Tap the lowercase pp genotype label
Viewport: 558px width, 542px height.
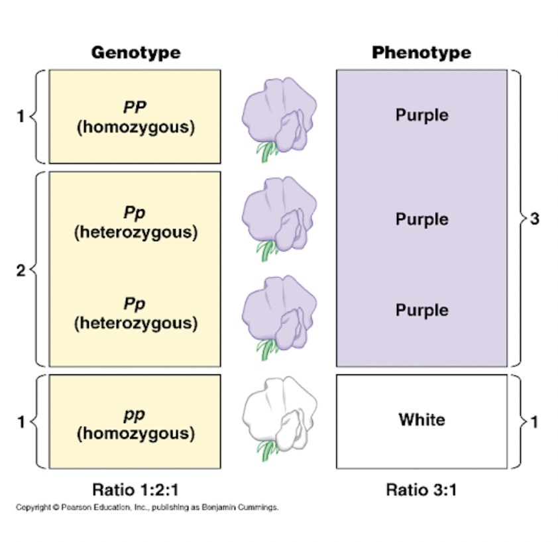[x=135, y=415]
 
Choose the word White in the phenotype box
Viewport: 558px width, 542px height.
[x=421, y=419]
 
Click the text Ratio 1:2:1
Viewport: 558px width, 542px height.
[x=135, y=490]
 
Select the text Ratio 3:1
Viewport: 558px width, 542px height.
[x=421, y=490]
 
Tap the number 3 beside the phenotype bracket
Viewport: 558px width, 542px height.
[x=534, y=219]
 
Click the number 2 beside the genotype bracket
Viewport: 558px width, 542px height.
[x=21, y=270]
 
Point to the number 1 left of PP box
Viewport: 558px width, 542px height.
[x=21, y=117]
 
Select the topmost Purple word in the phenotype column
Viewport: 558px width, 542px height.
[x=421, y=115]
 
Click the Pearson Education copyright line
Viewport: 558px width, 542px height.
[x=147, y=508]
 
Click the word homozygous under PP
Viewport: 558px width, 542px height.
[x=135, y=127]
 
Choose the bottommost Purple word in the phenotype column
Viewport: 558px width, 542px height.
[x=421, y=310]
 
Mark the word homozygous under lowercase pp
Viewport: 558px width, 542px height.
[x=135, y=434]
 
